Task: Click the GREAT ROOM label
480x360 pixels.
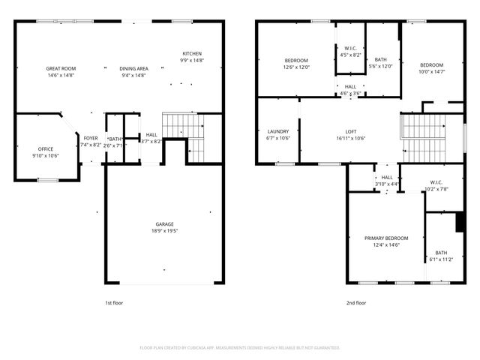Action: tap(60, 68)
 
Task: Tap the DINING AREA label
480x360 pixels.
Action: tap(133, 68)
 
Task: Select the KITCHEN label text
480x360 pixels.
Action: tap(192, 54)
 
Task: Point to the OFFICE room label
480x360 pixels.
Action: tap(46, 149)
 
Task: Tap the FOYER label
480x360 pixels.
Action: tap(90, 138)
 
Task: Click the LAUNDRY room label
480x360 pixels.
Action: tap(277, 132)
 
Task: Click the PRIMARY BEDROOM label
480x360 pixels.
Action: tap(387, 238)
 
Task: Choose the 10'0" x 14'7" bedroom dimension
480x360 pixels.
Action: tap(431, 71)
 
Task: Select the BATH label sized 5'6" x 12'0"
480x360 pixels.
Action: tap(381, 60)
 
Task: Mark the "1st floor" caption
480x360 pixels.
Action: tap(113, 303)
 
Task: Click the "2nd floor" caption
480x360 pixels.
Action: tap(356, 303)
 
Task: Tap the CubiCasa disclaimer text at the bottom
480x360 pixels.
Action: tap(240, 348)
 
